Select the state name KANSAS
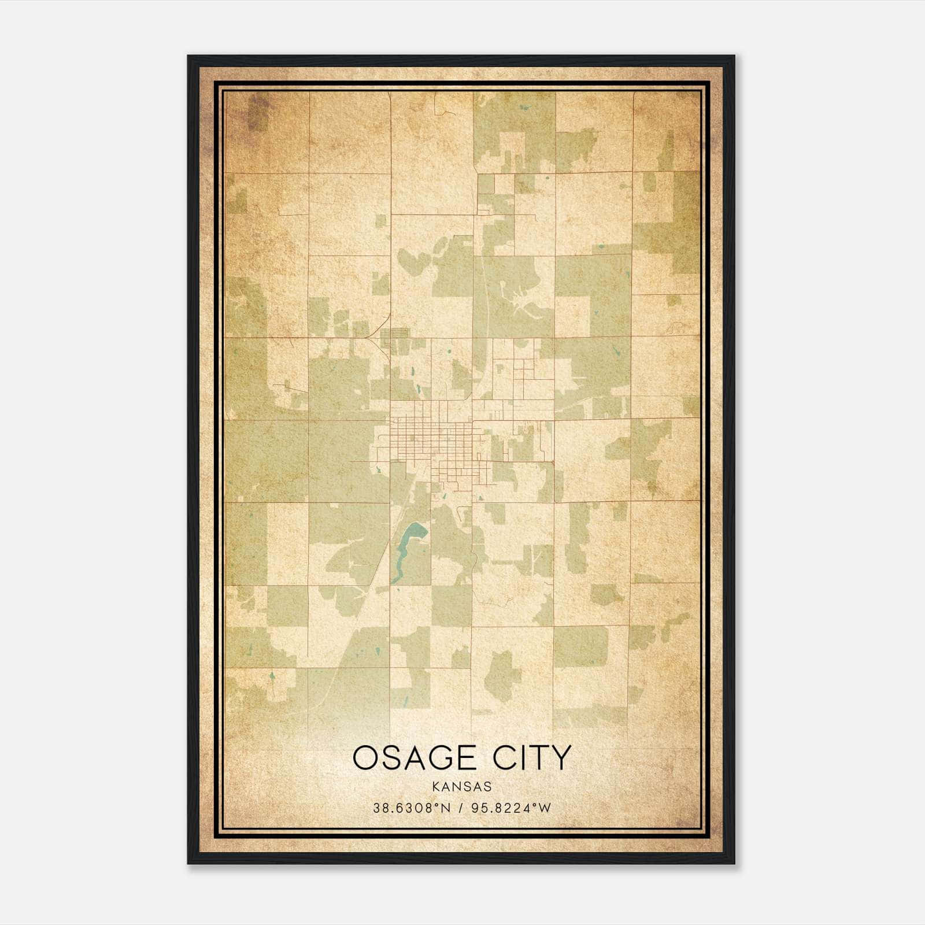pos(461,787)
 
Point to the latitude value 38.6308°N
pos(411,808)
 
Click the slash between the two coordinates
pos(461,808)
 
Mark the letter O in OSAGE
pos(365,757)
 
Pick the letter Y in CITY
pos(560,757)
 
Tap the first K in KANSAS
pos(434,787)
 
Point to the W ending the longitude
pos(545,808)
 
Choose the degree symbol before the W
pos(535,805)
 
